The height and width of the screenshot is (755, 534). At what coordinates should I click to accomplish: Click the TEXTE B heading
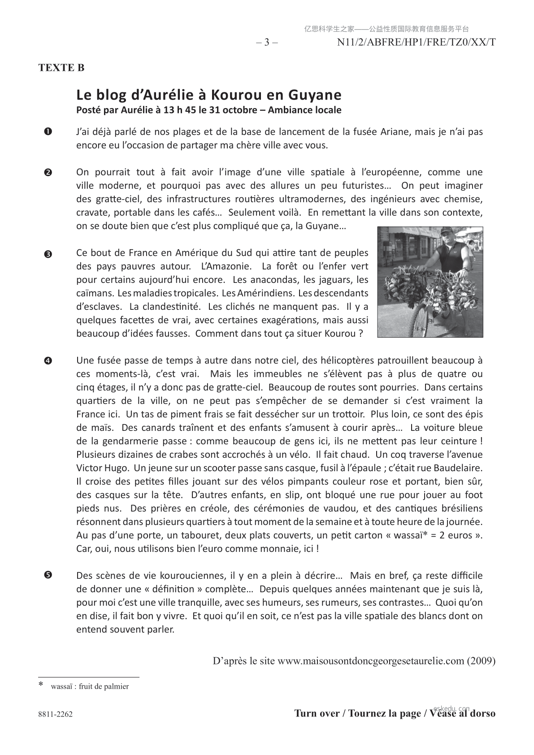coord(61,68)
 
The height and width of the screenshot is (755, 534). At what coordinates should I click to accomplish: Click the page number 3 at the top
coord(267,42)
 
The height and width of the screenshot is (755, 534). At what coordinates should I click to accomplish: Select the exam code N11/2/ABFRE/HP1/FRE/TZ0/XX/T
coord(416,42)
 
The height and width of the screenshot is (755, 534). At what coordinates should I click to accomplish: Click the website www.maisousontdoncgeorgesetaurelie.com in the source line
coord(370,661)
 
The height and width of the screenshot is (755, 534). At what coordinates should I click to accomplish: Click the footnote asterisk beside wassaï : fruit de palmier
coord(41,685)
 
